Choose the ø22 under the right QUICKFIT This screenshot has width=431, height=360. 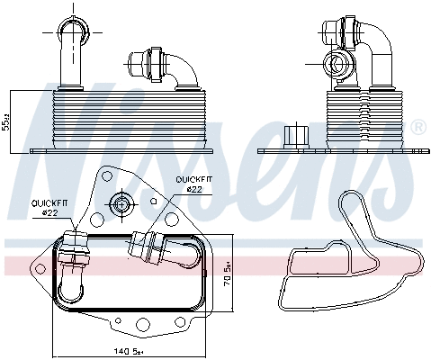pos(195,189)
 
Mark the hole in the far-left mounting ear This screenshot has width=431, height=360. pos(36,266)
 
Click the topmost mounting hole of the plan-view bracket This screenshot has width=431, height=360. pos(119,174)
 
